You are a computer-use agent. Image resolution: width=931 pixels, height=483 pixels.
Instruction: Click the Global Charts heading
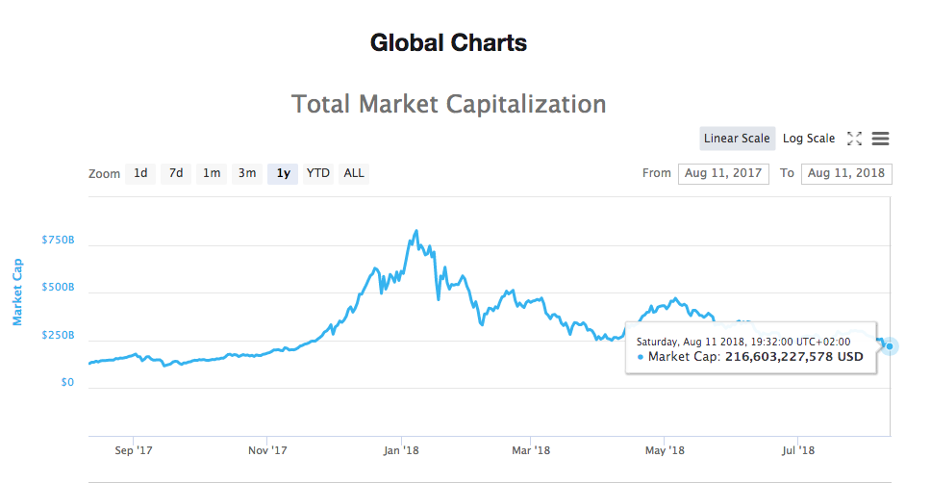[448, 43]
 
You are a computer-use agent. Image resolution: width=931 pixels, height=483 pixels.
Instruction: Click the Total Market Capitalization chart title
[448, 103]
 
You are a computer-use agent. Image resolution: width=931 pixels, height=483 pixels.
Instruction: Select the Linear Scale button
[737, 139]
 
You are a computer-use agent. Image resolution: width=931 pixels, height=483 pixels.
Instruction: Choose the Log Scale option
[809, 139]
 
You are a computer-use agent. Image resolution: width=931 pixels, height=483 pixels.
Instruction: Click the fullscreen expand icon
[854, 139]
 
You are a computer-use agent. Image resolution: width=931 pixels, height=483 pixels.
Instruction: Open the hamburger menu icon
[880, 139]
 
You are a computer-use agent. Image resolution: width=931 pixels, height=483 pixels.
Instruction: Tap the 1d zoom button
[140, 173]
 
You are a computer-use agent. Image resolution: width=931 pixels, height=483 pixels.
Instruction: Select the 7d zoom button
[176, 173]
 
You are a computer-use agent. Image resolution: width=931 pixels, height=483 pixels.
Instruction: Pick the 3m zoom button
[247, 173]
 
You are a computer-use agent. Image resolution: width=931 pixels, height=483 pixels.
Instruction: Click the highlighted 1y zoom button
[283, 173]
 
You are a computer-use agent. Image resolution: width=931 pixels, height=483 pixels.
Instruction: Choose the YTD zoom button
[318, 173]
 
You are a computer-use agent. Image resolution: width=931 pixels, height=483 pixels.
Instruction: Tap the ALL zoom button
[354, 173]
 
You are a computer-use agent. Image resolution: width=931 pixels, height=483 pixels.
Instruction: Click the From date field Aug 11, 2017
[723, 173]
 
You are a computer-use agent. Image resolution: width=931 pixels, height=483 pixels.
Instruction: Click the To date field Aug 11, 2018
[845, 173]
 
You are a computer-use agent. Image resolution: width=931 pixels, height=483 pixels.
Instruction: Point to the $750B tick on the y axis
[58, 240]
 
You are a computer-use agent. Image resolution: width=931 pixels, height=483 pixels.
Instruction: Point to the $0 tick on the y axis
[65, 383]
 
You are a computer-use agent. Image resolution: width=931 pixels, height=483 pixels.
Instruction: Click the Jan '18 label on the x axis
[401, 449]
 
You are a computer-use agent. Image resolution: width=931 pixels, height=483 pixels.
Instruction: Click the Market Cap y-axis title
[17, 291]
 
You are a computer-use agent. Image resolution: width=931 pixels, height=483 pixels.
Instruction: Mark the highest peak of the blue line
[415, 231]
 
